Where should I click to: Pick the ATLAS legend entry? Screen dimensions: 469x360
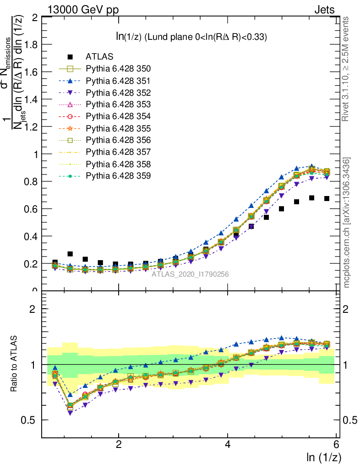click(96, 57)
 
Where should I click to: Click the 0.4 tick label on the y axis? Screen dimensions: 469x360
click(32, 236)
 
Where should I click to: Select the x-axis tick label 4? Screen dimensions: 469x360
click(228, 445)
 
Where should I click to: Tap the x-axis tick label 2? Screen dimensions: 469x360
click(119, 445)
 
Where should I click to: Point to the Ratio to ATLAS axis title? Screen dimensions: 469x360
click(15, 364)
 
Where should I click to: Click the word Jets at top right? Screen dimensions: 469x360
click(324, 10)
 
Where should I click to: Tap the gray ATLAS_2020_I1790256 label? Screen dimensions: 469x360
click(190, 274)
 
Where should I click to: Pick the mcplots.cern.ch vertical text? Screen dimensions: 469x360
click(347, 223)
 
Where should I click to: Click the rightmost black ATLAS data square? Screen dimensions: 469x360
click(327, 198)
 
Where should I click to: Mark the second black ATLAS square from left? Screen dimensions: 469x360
click(70, 253)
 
